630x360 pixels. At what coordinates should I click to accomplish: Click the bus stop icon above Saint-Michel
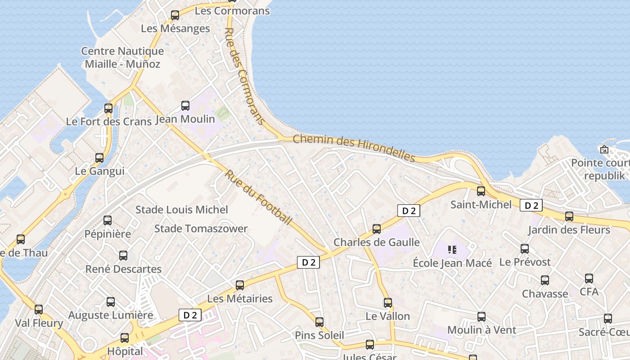click(481, 191)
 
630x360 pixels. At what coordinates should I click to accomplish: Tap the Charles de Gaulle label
click(376, 243)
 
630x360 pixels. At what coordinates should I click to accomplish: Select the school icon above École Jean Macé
click(452, 249)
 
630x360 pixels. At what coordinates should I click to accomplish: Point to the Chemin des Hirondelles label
click(354, 148)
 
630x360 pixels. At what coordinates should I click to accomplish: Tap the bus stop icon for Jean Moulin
click(185, 106)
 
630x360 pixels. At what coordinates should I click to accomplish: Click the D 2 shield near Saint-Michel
click(531, 206)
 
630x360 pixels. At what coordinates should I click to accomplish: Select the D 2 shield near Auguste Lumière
click(190, 315)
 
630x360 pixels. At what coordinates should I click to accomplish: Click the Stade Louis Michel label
click(182, 210)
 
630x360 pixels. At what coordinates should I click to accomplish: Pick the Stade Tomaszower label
click(201, 229)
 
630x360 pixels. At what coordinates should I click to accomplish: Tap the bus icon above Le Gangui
click(99, 158)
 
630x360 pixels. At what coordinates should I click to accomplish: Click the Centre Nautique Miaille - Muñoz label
click(122, 58)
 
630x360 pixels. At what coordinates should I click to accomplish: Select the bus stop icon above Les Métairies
click(240, 285)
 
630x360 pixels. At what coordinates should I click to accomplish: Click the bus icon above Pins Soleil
click(319, 322)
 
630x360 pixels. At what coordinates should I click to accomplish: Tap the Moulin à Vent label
click(481, 330)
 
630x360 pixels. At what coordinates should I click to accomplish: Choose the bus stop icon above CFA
click(589, 278)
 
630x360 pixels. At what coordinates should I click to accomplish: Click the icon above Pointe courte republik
click(604, 149)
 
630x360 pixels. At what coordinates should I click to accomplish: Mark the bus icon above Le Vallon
click(388, 302)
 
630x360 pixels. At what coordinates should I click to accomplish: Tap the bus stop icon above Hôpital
click(125, 337)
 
